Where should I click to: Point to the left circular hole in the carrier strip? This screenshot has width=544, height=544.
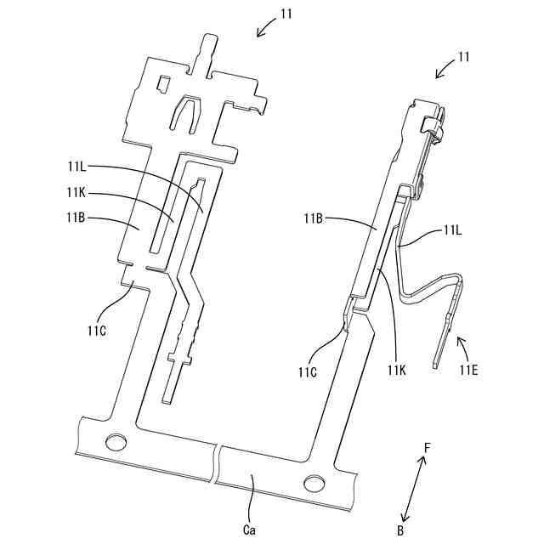pyautogui.click(x=112, y=441)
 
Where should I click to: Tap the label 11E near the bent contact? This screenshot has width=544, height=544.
pyautogui.click(x=469, y=369)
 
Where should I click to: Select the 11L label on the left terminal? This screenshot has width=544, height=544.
pyautogui.click(x=77, y=167)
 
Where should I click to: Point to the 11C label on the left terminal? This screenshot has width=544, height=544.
pyautogui.click(x=95, y=328)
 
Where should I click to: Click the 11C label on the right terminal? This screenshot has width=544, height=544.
pyautogui.click(x=309, y=371)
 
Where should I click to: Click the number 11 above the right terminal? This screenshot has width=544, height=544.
pyautogui.click(x=464, y=57)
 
